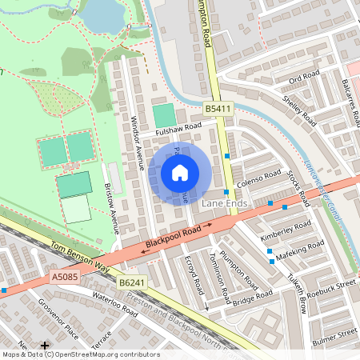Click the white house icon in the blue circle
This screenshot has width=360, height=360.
[x=180, y=173]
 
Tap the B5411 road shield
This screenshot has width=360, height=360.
[x=218, y=108]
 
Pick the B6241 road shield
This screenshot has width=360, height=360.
[x=132, y=283]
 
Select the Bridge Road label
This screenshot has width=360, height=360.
[x=253, y=298]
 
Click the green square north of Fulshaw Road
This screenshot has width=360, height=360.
[x=163, y=114]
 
